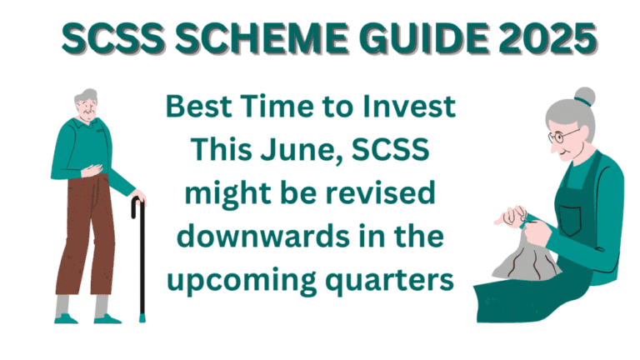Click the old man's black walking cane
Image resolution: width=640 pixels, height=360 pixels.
(x=140, y=258)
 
